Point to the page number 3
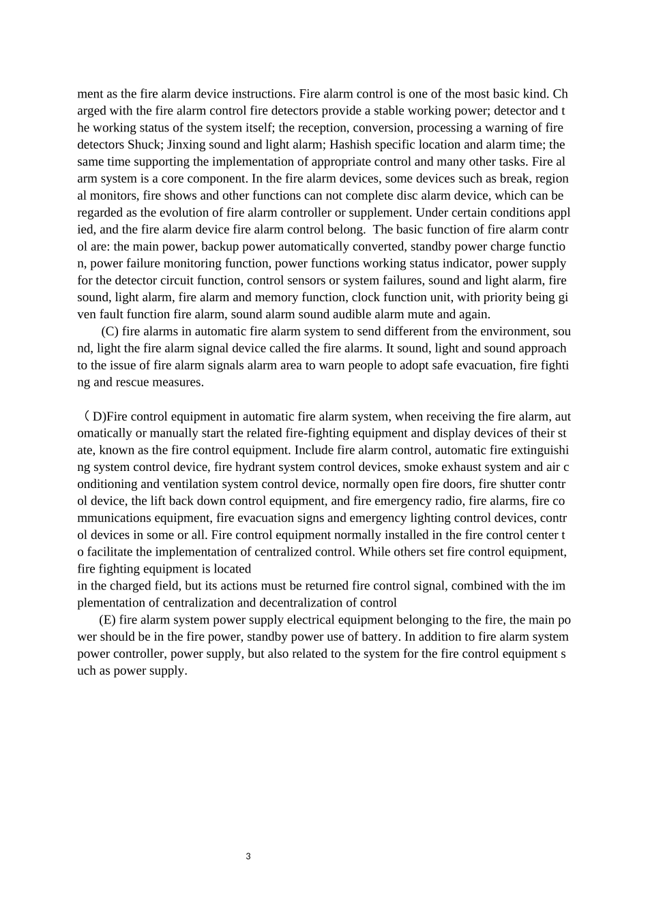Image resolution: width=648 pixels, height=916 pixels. [248, 857]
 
